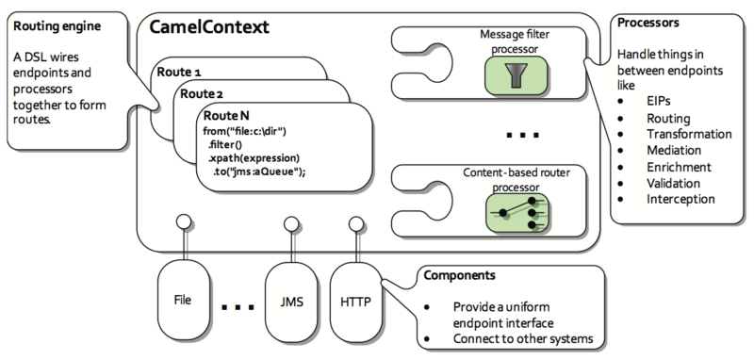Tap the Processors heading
(x=650, y=21)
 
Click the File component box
(x=184, y=300)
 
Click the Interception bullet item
(x=681, y=199)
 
